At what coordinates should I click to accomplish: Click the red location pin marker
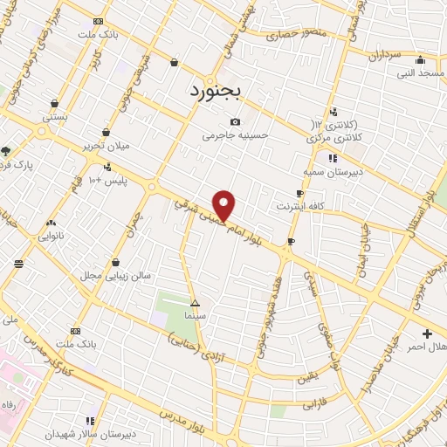[224, 204]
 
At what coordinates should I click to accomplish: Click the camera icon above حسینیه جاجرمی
[234, 122]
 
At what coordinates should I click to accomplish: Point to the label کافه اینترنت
[301, 206]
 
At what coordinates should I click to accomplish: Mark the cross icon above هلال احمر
[426, 334]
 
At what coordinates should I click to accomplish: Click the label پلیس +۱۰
[109, 180]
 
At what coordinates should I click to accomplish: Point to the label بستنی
[55, 116]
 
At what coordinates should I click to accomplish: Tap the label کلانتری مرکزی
[333, 138]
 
